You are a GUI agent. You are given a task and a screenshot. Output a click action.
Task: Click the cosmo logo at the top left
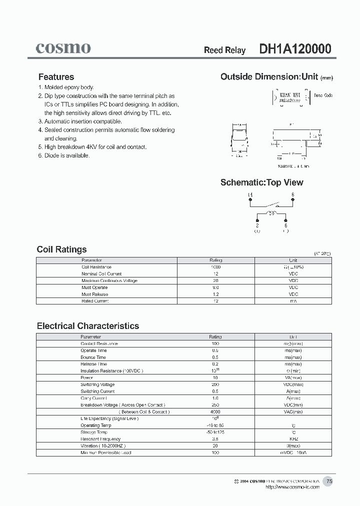click(63, 48)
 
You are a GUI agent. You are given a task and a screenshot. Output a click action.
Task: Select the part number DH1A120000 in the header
click(295, 49)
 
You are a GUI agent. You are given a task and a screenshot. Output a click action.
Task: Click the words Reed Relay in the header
click(224, 50)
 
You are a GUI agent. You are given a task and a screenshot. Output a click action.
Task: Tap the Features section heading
click(56, 77)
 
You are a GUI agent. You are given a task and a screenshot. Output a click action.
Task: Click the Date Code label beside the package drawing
click(323, 95)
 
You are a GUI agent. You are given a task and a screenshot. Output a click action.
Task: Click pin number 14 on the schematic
click(250, 194)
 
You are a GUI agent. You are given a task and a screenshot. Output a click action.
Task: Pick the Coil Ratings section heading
click(61, 249)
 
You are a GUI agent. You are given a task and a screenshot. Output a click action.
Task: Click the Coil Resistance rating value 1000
click(215, 267)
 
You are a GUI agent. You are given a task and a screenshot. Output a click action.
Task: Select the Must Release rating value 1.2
click(215, 294)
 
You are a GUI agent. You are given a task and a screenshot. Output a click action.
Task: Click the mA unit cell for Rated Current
click(293, 301)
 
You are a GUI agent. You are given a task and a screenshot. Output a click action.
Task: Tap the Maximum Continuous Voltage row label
click(109, 281)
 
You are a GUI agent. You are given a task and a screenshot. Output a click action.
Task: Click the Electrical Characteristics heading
click(88, 326)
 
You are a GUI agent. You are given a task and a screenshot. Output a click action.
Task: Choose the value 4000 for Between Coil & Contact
click(215, 412)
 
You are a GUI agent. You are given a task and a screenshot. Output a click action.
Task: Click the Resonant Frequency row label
click(100, 439)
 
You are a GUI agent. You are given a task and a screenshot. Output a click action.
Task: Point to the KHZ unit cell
click(293, 439)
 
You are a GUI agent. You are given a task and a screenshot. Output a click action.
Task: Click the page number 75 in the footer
click(329, 481)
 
